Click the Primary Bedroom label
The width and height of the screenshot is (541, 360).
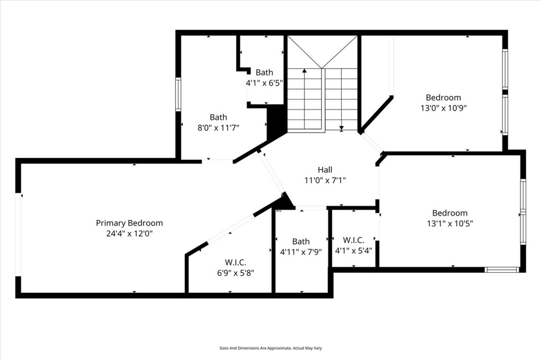[x=129, y=223]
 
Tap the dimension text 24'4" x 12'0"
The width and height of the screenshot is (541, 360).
[x=129, y=233]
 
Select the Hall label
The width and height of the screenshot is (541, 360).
[x=325, y=170]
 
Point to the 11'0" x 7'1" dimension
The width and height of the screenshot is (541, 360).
[x=325, y=180]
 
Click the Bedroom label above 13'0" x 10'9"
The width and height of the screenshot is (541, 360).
[x=443, y=98]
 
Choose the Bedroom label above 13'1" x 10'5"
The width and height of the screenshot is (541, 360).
[x=450, y=213]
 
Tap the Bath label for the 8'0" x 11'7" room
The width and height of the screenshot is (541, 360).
[x=218, y=117]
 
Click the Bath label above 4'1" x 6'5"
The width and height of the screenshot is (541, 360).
[x=265, y=72]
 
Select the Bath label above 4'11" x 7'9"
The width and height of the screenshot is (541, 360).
[x=301, y=242]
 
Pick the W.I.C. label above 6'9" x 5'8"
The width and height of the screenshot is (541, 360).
[x=236, y=262]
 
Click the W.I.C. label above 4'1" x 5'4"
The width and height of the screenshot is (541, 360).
[x=353, y=240]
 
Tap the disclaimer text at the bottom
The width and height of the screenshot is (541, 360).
[x=270, y=348]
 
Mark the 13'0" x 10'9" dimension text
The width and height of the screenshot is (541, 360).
[x=443, y=108]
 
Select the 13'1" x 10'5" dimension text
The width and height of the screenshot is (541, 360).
[x=450, y=223]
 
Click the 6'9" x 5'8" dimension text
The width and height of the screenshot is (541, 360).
[x=236, y=272]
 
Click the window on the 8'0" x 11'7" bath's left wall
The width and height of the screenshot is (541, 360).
[x=178, y=94]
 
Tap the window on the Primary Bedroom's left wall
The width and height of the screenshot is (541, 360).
[x=19, y=234]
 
